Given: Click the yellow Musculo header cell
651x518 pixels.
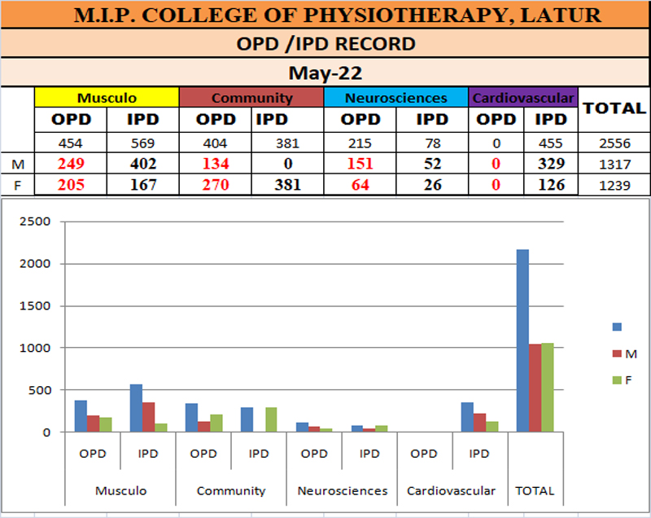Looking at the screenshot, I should [x=107, y=98].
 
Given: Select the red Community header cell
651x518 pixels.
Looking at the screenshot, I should [x=251, y=98].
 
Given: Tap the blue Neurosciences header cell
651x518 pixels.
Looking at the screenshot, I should [x=396, y=98].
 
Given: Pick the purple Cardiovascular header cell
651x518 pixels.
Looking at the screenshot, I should [x=523, y=98].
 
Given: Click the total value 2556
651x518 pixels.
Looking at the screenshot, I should [x=614, y=143].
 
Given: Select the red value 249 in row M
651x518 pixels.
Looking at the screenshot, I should [x=72, y=164].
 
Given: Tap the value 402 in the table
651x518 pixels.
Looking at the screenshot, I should [x=142, y=164].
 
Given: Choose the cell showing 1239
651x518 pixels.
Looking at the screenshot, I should [x=614, y=185].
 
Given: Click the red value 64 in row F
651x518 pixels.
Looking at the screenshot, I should [x=360, y=185].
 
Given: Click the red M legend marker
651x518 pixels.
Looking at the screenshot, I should [x=616, y=353].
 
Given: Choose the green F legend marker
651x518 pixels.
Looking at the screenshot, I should [x=616, y=380].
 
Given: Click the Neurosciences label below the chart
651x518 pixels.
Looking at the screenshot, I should [x=343, y=491].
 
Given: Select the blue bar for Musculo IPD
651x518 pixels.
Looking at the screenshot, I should [x=137, y=408].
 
